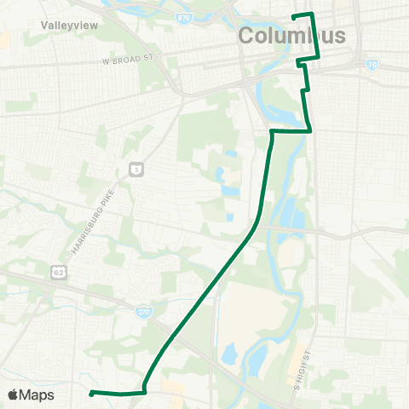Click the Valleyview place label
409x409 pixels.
(70, 26)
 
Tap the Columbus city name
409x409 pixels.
(292, 36)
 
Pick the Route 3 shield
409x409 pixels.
(135, 170)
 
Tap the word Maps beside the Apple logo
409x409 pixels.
(37, 395)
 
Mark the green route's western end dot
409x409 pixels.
(91, 393)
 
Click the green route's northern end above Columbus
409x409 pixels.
(294, 16)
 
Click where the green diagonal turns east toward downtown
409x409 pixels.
(272, 132)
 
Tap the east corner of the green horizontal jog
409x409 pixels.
(310, 130)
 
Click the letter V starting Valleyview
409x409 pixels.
(44, 26)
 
